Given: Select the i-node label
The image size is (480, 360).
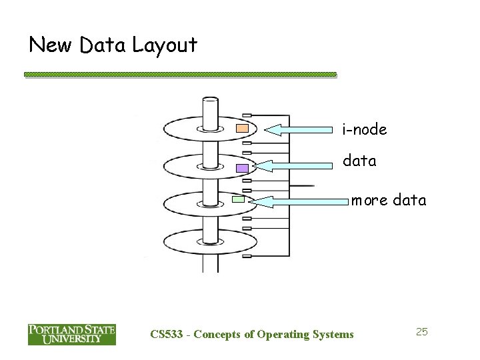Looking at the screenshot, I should pos(365,129).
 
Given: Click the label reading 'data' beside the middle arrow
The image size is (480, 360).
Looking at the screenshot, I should pos(359,161).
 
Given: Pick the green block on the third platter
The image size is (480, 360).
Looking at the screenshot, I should pos(239,199).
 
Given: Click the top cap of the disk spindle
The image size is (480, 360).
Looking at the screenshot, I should pos(211,101).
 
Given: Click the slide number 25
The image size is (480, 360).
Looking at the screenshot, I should pos(421,331).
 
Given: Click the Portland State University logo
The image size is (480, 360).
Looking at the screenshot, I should pos(71,334).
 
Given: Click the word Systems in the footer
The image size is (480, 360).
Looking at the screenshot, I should pos(332,334).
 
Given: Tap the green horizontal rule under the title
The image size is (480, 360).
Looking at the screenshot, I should pos(180,75).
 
